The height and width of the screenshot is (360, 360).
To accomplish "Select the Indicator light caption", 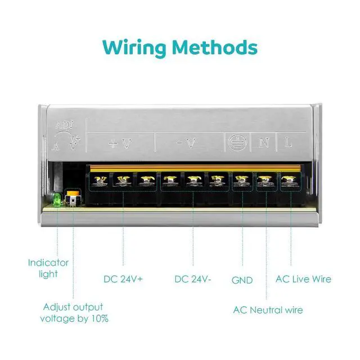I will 48,268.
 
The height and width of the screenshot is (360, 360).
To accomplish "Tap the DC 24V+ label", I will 123,279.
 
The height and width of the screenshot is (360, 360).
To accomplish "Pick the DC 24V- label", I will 193,279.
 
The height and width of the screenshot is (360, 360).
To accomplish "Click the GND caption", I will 242,280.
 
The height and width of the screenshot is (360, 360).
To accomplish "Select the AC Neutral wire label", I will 268,310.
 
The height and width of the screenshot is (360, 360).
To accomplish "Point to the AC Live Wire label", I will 303,279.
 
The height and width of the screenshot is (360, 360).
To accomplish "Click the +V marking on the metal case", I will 119,143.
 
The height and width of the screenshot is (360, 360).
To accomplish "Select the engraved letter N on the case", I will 263,143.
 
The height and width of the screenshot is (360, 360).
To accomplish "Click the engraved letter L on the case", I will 289,143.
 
